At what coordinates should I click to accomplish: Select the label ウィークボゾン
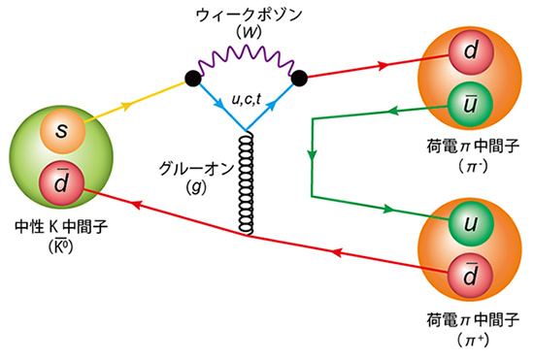point(247,16)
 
